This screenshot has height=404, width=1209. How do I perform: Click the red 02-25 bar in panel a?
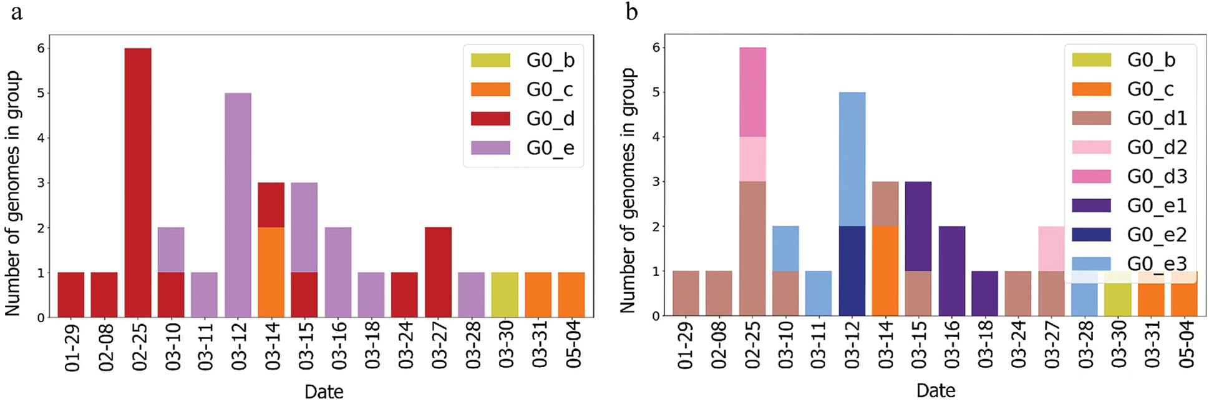(x=138, y=182)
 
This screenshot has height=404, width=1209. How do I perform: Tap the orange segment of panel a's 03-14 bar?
(x=271, y=272)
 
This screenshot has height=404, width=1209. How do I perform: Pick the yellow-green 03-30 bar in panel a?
(x=505, y=295)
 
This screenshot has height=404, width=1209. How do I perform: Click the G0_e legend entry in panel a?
(x=523, y=148)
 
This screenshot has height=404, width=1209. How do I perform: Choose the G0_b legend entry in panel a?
(x=523, y=60)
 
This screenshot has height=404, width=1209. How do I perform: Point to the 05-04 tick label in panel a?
(x=572, y=345)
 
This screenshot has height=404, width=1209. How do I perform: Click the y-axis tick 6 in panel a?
(x=41, y=48)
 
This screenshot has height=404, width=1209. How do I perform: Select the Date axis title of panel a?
(x=324, y=392)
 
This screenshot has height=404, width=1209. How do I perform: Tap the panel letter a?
(x=17, y=12)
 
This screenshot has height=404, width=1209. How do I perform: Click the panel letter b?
(x=631, y=12)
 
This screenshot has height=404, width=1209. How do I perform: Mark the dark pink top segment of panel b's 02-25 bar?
(x=752, y=92)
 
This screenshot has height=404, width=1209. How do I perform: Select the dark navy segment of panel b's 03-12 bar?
(x=852, y=271)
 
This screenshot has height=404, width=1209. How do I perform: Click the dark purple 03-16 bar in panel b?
(x=952, y=271)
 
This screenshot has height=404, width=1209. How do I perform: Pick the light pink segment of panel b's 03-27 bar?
(x=1052, y=249)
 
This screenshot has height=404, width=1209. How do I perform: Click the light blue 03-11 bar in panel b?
(x=818, y=293)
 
